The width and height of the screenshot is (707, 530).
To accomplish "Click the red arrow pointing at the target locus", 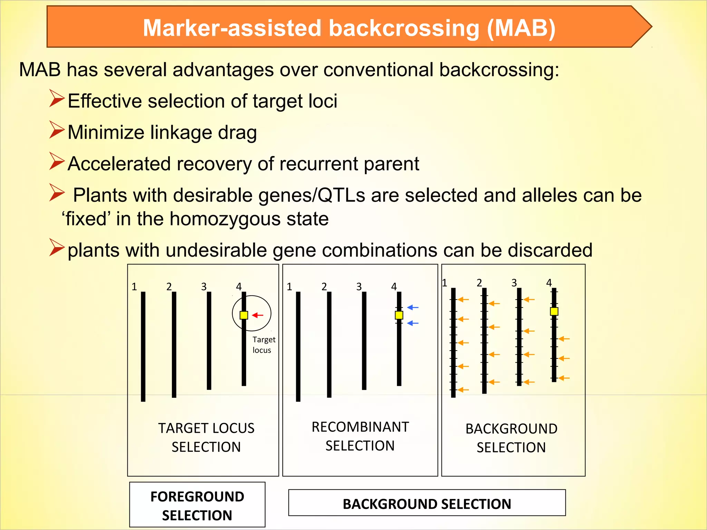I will (x=258, y=315).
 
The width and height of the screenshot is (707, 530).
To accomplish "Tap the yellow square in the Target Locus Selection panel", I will (x=244, y=315).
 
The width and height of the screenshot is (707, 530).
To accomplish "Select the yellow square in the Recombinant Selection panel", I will (x=399, y=315).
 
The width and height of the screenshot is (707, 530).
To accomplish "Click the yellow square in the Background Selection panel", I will (x=554, y=311).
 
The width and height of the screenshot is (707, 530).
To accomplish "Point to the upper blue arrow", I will (x=413, y=307).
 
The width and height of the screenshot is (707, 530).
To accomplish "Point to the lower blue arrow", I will (x=413, y=323).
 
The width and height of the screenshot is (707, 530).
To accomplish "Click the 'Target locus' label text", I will (x=263, y=345).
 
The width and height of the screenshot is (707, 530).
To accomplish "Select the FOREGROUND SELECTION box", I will (x=197, y=505).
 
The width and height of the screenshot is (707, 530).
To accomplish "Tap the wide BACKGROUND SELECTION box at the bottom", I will (x=427, y=504).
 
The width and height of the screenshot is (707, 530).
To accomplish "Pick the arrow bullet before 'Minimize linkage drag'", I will (x=57, y=130).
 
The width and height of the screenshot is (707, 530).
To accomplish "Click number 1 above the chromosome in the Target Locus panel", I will (x=134, y=286).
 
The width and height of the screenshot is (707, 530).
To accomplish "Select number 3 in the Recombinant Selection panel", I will (x=359, y=286).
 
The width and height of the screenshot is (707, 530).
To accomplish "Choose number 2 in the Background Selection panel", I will (x=479, y=283).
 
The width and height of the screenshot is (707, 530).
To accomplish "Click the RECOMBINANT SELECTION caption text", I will (x=360, y=436).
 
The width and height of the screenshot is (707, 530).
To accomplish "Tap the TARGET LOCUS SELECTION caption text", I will (x=206, y=438).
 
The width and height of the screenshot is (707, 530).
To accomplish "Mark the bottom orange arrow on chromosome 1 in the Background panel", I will (x=463, y=390).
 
